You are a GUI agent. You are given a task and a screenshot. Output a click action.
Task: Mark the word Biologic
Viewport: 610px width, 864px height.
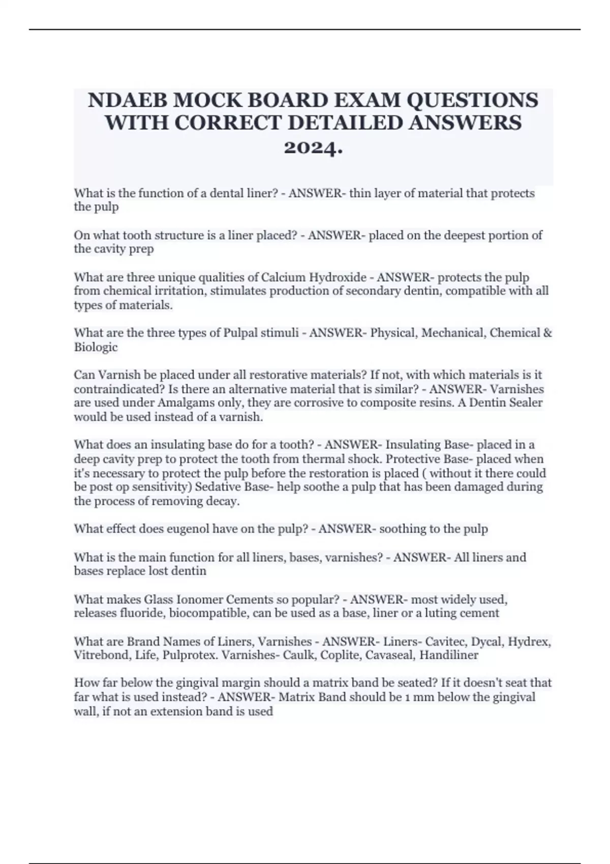(96, 348)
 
